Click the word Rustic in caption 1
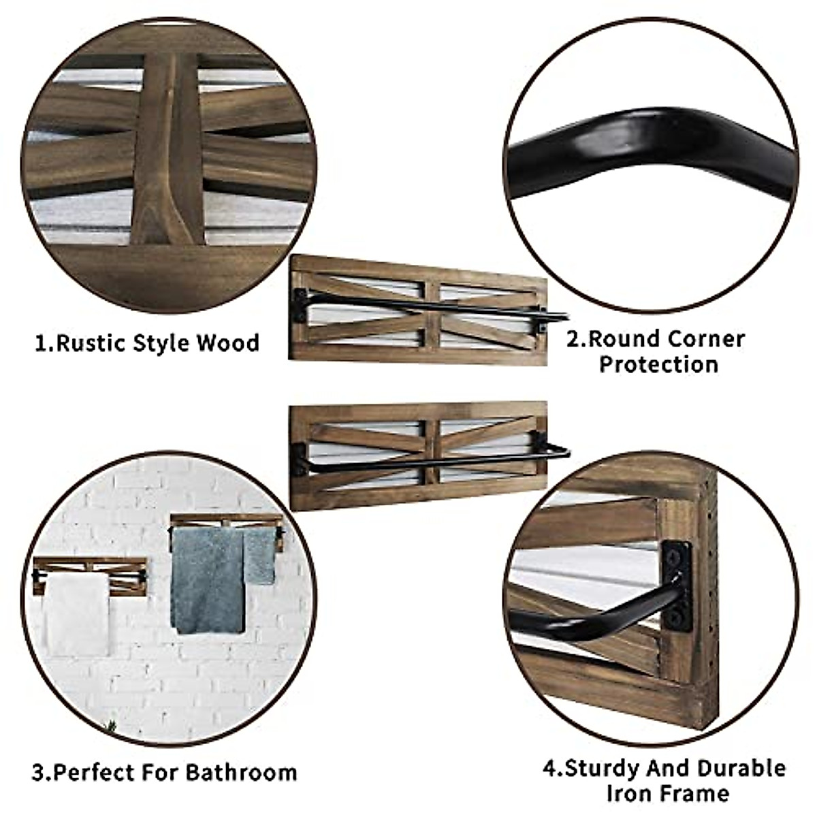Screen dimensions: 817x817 (x=91, y=342)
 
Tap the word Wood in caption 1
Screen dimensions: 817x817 (x=228, y=342)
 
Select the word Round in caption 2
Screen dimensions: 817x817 (x=625, y=338)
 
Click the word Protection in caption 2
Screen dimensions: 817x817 (x=658, y=364)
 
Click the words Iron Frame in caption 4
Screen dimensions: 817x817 (x=667, y=794)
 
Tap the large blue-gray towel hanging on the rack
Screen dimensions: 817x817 (x=206, y=579)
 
